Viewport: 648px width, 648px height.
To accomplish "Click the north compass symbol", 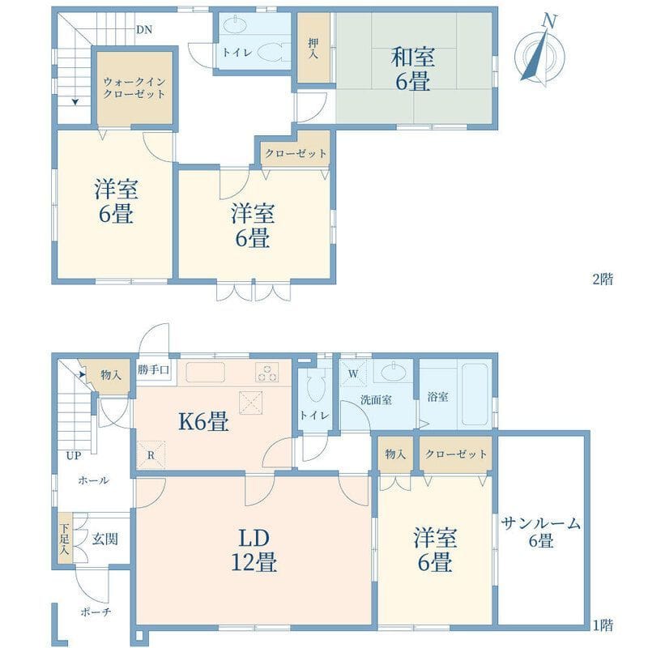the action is [540, 51].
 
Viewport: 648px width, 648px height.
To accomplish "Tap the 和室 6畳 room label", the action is [413, 69].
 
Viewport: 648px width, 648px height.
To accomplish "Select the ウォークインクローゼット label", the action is [134, 87].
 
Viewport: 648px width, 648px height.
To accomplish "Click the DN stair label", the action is [144, 30].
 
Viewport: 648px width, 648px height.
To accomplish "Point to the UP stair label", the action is [74, 456].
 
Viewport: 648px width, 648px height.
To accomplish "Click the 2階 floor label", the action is [603, 279].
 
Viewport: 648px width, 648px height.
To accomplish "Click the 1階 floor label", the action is [603, 625].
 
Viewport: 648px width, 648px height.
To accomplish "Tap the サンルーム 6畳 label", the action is [541, 532].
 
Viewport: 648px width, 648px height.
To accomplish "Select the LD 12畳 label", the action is [254, 550].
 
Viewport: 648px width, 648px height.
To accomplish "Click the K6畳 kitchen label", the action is [203, 422].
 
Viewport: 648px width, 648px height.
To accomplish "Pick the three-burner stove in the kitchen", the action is [267, 372].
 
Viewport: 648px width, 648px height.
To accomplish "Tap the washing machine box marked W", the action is [354, 373].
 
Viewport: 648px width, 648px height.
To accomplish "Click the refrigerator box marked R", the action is [151, 455].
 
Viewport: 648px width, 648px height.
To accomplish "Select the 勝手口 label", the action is [153, 369].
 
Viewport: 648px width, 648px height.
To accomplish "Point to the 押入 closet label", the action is [313, 48].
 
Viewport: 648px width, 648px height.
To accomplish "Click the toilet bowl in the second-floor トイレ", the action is [270, 53].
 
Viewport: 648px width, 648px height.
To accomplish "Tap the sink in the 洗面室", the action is [394, 373].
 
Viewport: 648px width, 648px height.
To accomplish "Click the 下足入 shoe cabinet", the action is [65, 538].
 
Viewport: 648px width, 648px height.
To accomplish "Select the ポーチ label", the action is [96, 612].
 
